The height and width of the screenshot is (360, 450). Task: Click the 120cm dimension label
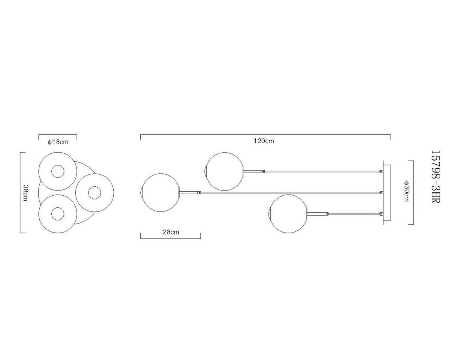tap(264, 141)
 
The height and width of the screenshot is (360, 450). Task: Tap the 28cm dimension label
tap(171, 232)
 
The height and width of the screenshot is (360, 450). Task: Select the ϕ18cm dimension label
tap(58, 142)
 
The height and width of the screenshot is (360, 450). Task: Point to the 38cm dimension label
tap(25, 193)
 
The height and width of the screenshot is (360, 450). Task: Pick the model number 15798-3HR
tap(435, 177)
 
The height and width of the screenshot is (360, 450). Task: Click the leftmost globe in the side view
tap(160, 192)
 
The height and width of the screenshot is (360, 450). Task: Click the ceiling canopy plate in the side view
tap(386, 193)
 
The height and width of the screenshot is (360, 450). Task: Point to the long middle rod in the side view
tap(289, 193)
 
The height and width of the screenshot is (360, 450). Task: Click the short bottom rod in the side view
tap(354, 214)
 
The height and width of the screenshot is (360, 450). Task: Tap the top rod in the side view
tap(322, 171)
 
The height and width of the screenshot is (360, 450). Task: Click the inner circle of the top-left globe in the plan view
tap(58, 172)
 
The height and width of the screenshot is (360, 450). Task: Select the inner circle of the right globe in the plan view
tap(94, 193)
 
